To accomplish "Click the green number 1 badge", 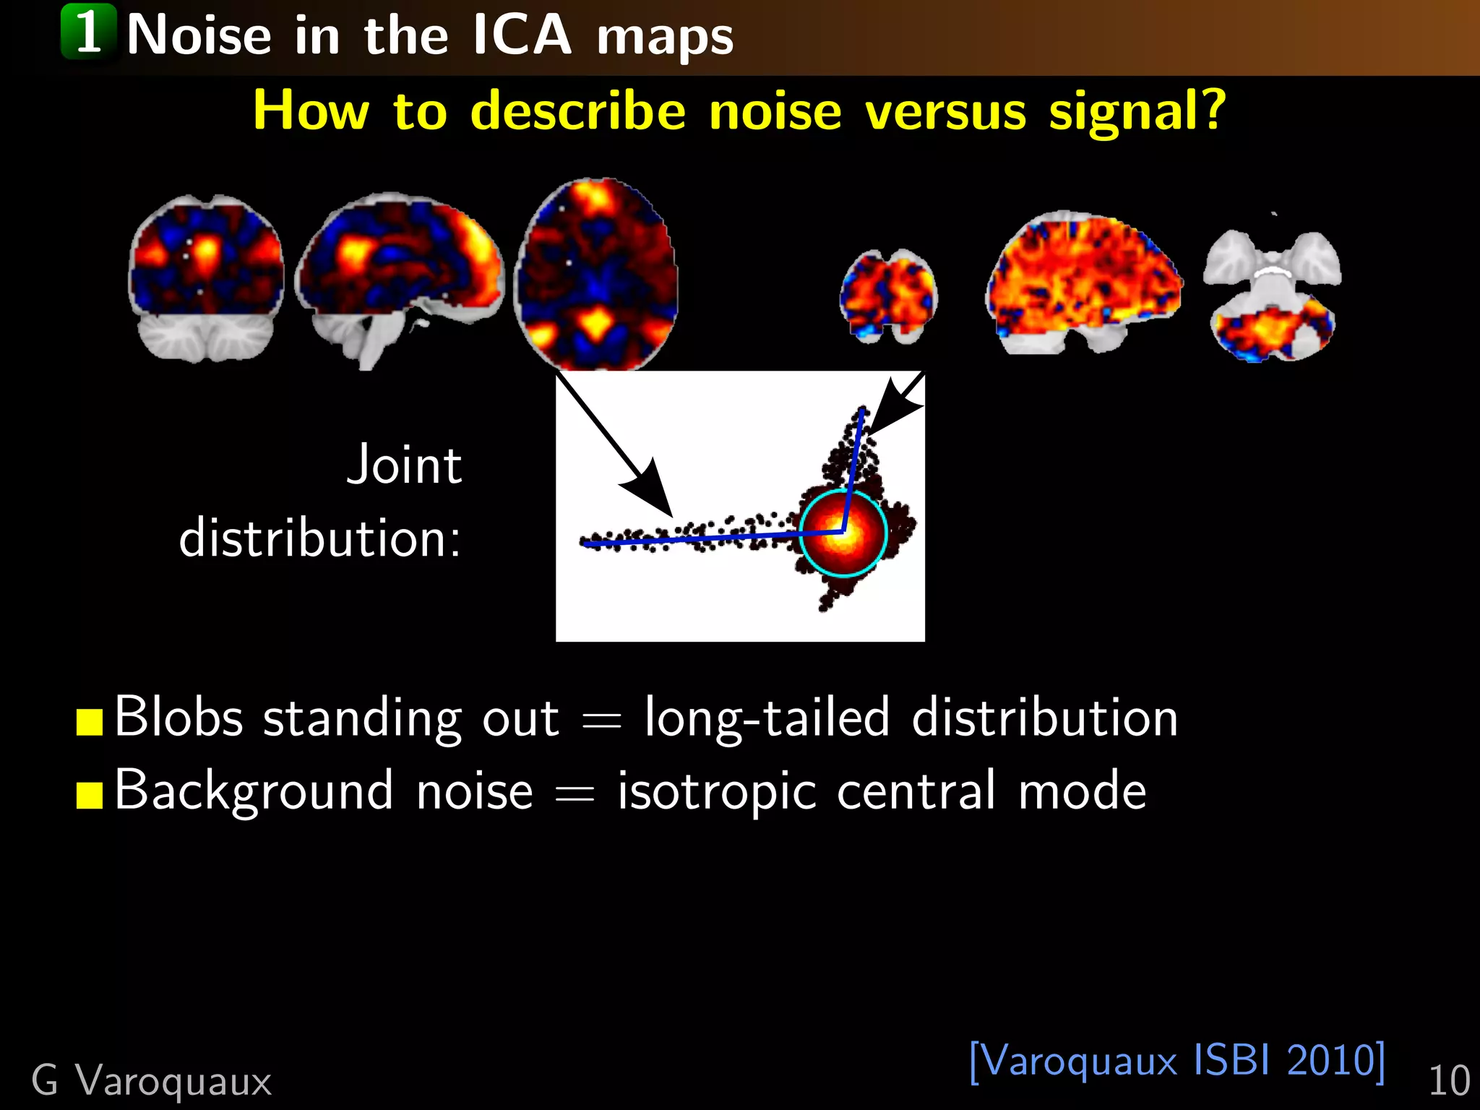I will pyautogui.click(x=88, y=32).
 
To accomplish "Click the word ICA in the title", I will pyautogui.click(x=522, y=35).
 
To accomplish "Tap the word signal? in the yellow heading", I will pyautogui.click(x=1137, y=112).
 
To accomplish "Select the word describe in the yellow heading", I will pyautogui.click(x=577, y=112).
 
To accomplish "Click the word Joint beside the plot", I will pyautogui.click(x=404, y=465).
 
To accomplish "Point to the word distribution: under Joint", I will pyautogui.click(x=319, y=538).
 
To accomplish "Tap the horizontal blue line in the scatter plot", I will pyautogui.click(x=694, y=538).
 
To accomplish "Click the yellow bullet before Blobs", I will pyautogui.click(x=90, y=721).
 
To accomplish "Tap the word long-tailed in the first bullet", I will pyautogui.click(x=766, y=718).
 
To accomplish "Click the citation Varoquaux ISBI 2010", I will pyautogui.click(x=1176, y=1060).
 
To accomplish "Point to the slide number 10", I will pyautogui.click(x=1448, y=1081).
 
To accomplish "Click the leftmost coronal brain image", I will pyautogui.click(x=206, y=278).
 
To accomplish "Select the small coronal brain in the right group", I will pyautogui.click(x=887, y=296).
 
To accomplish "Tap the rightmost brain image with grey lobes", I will pyautogui.click(x=1272, y=296).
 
